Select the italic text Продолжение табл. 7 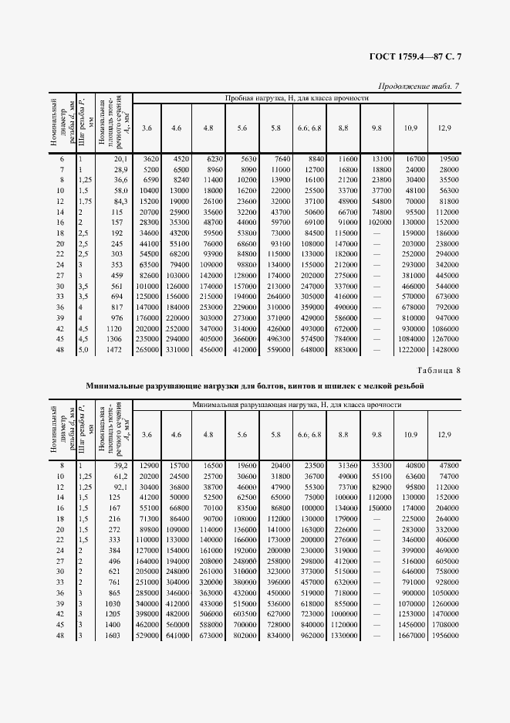tap(420, 86)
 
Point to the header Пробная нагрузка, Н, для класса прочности tap(296, 99)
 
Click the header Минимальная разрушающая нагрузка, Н tap(296, 405)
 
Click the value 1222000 tap(411, 351)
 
